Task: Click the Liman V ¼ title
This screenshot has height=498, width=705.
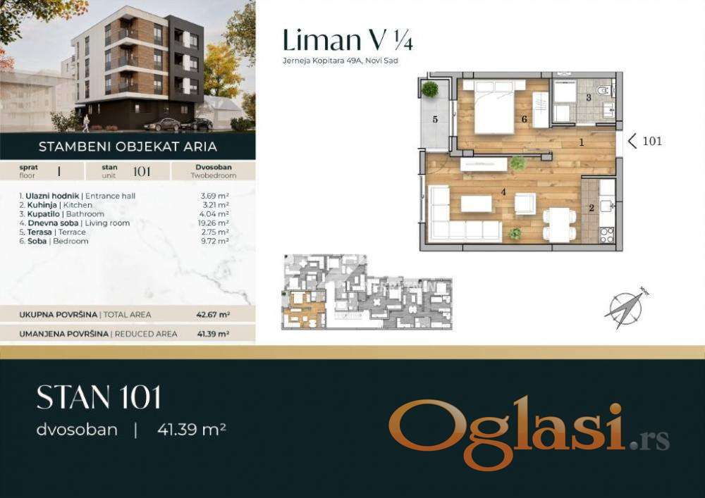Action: click(348, 39)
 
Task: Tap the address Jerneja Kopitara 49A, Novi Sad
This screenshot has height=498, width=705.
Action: click(341, 61)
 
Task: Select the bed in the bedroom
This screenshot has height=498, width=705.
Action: click(494, 106)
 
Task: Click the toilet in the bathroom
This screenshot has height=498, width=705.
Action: click(603, 90)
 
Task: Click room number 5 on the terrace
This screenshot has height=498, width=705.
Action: click(435, 119)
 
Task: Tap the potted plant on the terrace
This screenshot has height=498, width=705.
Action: click(430, 89)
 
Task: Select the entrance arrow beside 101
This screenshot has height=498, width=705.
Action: click(632, 141)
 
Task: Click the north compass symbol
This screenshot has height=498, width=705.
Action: click(626, 309)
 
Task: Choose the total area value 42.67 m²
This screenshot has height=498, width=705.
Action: click(213, 315)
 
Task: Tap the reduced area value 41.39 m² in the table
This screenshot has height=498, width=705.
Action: click(213, 334)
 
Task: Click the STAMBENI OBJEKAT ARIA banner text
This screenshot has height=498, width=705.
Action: click(128, 147)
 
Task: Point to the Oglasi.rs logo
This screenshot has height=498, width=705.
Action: click(529, 432)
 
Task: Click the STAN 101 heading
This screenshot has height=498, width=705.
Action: click(99, 397)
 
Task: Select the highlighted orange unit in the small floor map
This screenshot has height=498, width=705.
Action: click(303, 309)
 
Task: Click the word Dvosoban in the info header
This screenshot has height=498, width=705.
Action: click(214, 167)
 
